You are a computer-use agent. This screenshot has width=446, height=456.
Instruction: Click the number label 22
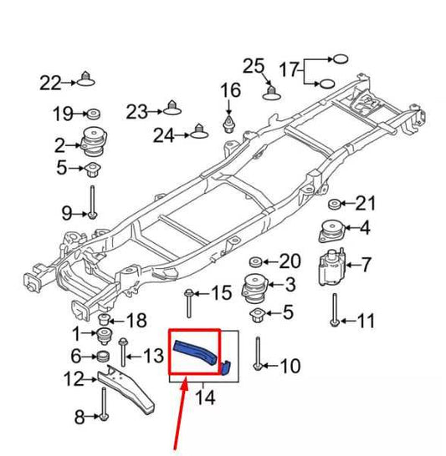(x=50, y=82)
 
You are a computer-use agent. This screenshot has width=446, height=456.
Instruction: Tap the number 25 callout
(x=253, y=65)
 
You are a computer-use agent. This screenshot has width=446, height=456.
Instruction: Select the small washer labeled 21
(x=334, y=205)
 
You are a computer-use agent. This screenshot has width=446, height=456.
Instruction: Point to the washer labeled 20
(x=258, y=261)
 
